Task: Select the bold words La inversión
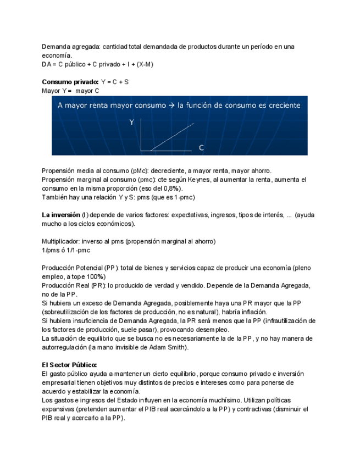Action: click(x=60, y=215)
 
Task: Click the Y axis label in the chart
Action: click(x=131, y=123)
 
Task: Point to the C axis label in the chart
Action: click(x=201, y=148)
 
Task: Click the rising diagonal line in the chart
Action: click(x=172, y=136)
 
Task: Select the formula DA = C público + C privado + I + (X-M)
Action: click(x=97, y=64)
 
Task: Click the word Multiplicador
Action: click(x=60, y=241)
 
